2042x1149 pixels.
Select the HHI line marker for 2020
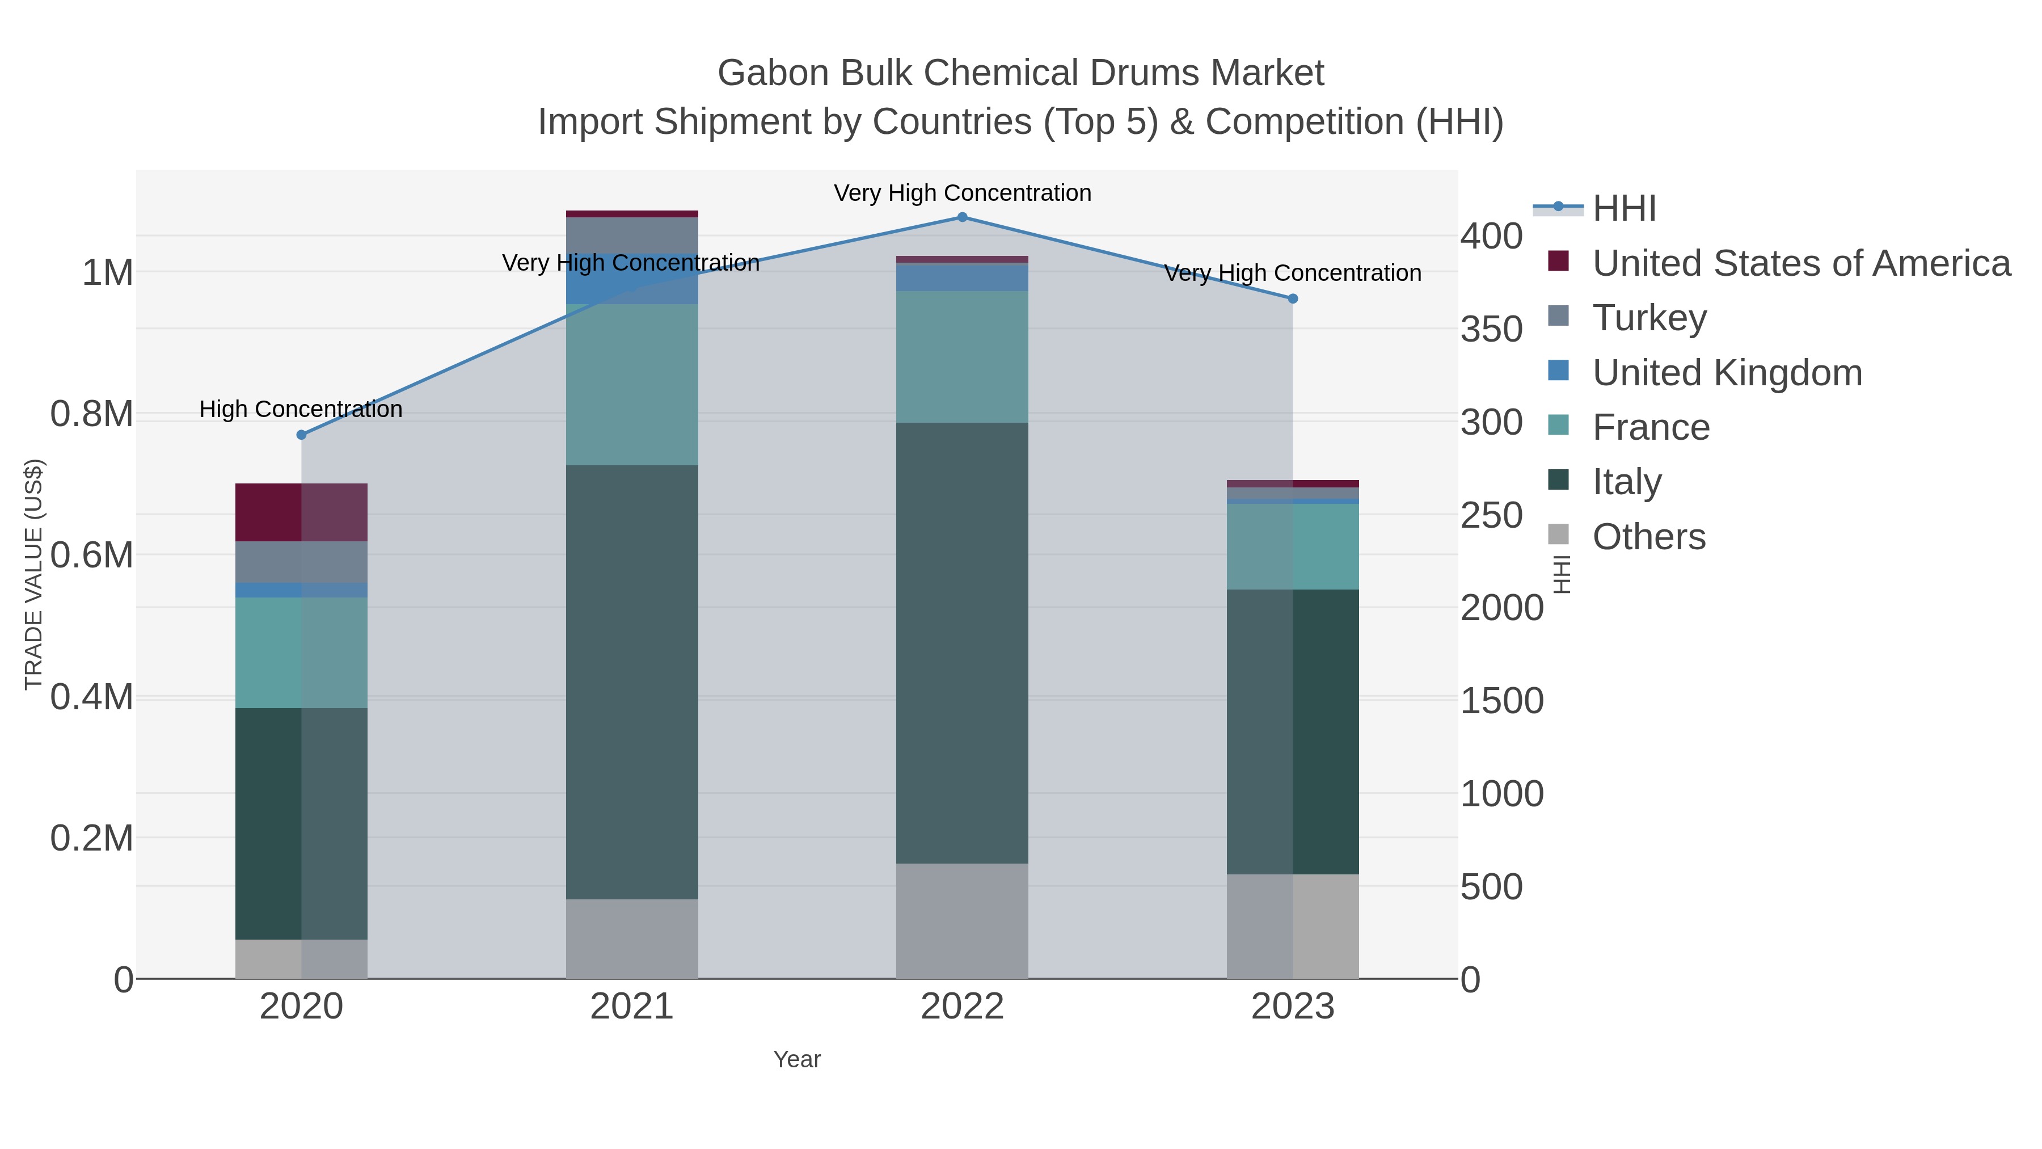tap(301, 435)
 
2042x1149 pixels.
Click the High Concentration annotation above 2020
tap(301, 409)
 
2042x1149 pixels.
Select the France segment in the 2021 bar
tap(632, 385)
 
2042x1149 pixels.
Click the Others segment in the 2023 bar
tap(1292, 926)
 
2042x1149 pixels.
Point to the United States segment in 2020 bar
tap(301, 512)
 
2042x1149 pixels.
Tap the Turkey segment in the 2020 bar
tap(301, 562)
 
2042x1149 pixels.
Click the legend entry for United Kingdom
tap(1727, 373)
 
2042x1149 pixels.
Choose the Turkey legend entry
tap(1649, 318)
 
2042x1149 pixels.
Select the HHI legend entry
tap(1623, 209)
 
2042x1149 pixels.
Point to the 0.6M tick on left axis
tap(91, 555)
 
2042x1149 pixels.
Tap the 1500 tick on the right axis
tap(1501, 701)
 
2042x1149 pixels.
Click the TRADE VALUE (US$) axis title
tap(34, 574)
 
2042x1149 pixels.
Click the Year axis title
tap(797, 1059)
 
